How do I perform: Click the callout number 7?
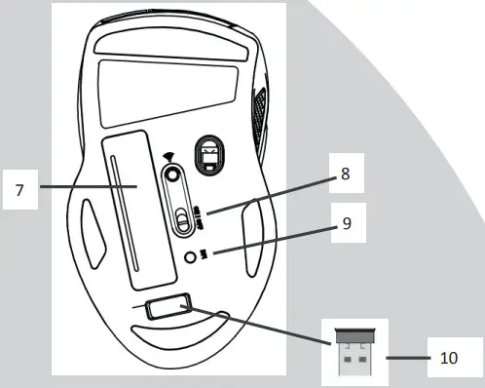[19, 188]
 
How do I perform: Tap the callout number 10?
[448, 358]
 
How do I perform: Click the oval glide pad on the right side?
[250, 234]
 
